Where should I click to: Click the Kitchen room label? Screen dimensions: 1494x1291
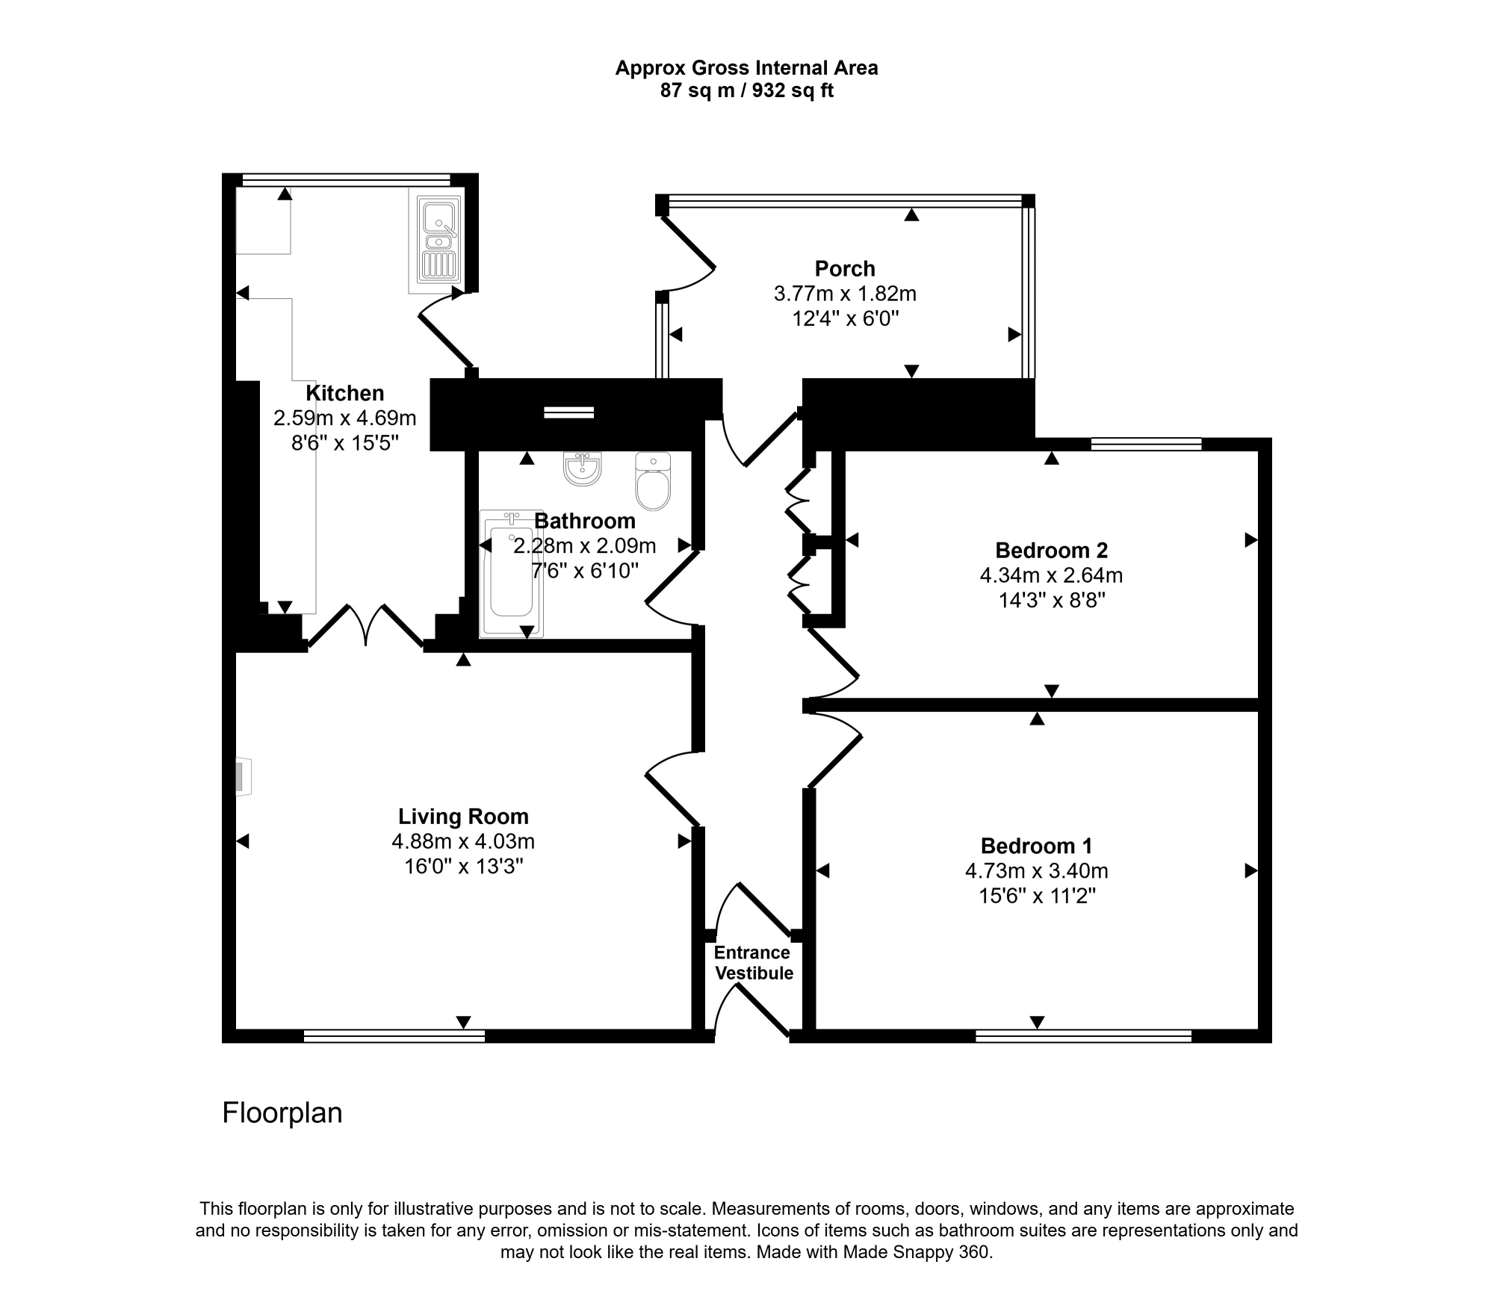tap(345, 393)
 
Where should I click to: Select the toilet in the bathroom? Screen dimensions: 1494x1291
tap(653, 481)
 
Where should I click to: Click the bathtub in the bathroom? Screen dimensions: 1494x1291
tap(511, 574)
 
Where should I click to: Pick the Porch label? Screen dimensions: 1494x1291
tap(845, 268)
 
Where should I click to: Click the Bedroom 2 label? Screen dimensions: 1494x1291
tap(1051, 551)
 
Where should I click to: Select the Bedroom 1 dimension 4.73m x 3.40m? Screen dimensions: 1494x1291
tap(1036, 871)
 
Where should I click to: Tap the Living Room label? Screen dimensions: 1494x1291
tap(463, 817)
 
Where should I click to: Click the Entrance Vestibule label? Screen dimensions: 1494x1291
tap(753, 963)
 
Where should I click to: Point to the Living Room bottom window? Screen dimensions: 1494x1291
tap(394, 1035)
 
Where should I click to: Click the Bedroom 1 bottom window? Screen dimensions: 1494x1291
tap(1083, 1035)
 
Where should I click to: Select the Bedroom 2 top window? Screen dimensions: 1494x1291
tap(1146, 444)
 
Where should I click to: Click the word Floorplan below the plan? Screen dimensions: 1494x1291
tap(282, 1113)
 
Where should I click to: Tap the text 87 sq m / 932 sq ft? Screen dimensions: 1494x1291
tap(746, 91)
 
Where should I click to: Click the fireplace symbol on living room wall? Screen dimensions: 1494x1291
tap(244, 777)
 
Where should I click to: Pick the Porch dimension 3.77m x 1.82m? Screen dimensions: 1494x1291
tap(845, 294)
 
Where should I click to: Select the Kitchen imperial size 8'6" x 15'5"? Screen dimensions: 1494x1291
tap(345, 443)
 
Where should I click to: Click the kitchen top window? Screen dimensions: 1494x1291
tap(347, 179)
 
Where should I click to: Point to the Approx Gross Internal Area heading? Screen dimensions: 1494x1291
tap(746, 68)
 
